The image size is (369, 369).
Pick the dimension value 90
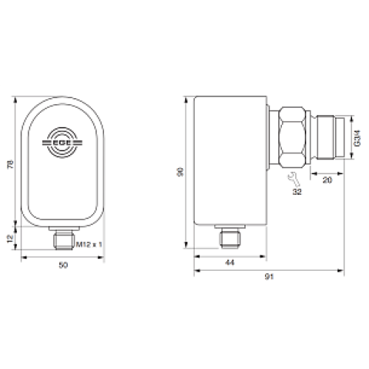click(x=179, y=170)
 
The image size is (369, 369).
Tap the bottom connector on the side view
click(x=229, y=236)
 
